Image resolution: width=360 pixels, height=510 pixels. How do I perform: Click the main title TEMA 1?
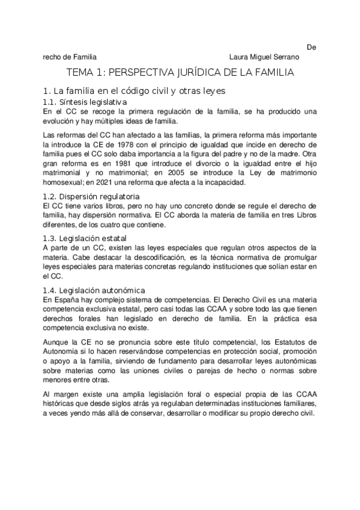pos(180,74)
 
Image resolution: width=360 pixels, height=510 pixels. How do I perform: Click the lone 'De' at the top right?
pos(311,47)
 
